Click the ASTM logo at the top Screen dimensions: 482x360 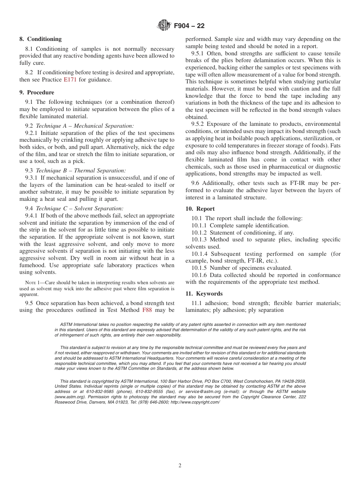tap(164, 26)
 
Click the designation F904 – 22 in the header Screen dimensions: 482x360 tap(189, 26)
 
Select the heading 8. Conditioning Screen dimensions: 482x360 tap(41, 39)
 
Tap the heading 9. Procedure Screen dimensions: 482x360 tap(37, 92)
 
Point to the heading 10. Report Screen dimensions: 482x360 tap(200, 209)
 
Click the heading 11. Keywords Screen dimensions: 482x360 tap(204, 294)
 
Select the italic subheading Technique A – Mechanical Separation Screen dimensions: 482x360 tap(85, 126)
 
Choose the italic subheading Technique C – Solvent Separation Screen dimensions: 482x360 tap(79, 208)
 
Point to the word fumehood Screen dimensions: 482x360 tap(32, 265)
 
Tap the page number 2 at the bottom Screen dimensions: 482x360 tap(180, 466)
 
